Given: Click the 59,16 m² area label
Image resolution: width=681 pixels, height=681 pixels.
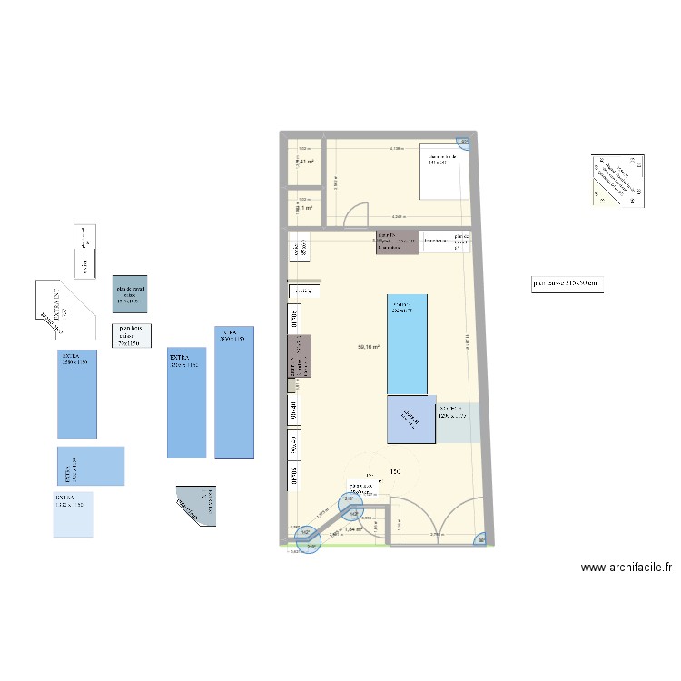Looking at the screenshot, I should [x=368, y=346].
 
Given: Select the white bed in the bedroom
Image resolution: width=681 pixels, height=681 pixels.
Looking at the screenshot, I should [x=444, y=170].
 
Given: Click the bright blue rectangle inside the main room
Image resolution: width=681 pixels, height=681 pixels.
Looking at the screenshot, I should [x=412, y=343].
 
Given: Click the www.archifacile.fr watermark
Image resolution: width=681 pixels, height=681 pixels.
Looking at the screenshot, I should [x=627, y=567].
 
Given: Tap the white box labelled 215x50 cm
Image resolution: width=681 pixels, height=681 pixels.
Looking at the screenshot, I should [x=567, y=284].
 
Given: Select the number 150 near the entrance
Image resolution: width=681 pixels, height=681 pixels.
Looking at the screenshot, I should [x=395, y=472].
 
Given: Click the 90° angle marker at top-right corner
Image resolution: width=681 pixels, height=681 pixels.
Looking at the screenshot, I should [x=462, y=142].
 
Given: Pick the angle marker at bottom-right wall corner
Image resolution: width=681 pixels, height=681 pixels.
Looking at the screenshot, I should [x=481, y=538].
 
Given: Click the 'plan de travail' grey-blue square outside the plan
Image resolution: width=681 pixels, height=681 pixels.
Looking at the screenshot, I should [x=129, y=293].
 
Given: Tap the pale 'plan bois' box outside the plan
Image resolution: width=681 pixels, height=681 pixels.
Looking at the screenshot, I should [x=132, y=335].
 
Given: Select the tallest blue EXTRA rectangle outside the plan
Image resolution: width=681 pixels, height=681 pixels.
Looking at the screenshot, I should [x=234, y=391].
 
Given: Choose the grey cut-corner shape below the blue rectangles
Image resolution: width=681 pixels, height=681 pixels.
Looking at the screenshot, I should [x=199, y=505].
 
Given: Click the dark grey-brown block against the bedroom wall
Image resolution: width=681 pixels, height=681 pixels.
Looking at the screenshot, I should [x=397, y=242].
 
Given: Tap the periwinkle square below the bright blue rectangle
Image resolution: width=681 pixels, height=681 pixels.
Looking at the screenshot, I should [x=411, y=419].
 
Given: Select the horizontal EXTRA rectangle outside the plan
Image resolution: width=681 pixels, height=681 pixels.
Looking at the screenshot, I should [x=91, y=466].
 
